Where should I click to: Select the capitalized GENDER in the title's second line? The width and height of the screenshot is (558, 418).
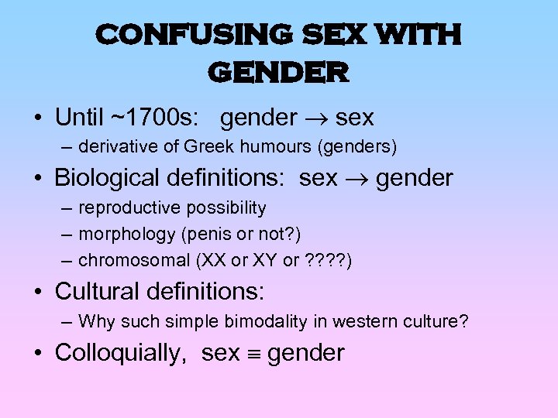coord(278,73)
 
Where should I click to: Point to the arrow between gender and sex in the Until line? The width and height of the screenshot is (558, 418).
coord(316,118)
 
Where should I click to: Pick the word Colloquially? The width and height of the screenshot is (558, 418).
coord(117,353)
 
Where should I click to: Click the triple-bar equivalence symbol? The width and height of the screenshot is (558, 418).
coord(253,354)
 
